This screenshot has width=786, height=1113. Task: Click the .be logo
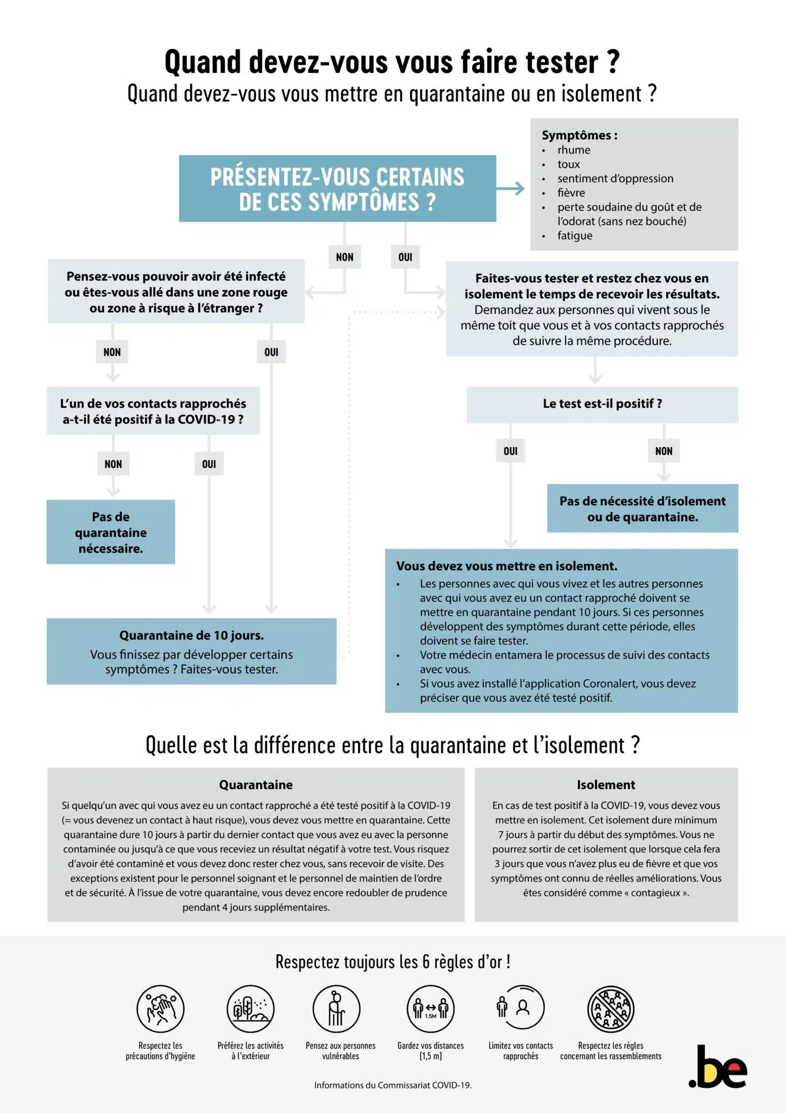718,1067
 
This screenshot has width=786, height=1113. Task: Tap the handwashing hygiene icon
160,1009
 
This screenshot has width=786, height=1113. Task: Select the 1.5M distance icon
431,1009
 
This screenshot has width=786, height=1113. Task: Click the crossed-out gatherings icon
611,1009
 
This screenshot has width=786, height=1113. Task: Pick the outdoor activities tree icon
250,1009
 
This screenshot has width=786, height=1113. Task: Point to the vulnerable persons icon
337,1009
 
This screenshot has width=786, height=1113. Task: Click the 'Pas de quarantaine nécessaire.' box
111,532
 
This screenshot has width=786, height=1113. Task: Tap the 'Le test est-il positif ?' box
602,404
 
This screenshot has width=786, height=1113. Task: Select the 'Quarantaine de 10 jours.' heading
191,635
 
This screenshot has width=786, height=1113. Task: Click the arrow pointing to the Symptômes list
511,189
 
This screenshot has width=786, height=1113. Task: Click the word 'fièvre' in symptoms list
571,193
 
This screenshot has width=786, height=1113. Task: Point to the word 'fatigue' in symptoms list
575,236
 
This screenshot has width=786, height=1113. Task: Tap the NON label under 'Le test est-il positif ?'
663,451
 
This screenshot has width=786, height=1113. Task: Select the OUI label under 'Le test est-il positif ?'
510,451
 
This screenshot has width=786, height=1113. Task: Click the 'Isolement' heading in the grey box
606,785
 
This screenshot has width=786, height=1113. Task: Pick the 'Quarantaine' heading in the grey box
256,785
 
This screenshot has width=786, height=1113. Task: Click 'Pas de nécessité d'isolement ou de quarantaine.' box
642,509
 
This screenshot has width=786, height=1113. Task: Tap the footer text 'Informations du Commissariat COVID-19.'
393,1085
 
